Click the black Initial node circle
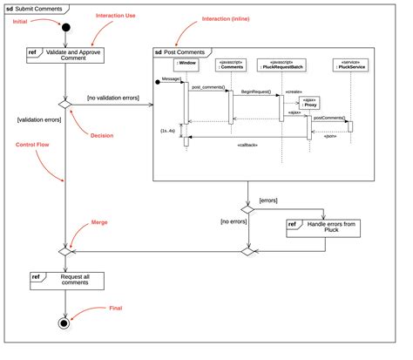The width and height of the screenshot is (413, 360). [x=64, y=26]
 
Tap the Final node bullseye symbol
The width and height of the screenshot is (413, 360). [x=64, y=323]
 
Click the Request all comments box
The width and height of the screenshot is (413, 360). [x=64, y=282]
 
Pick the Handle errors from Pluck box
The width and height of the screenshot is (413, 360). [x=323, y=229]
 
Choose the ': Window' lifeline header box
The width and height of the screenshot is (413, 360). [x=186, y=65]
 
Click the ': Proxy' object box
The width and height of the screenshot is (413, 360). [x=308, y=102]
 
